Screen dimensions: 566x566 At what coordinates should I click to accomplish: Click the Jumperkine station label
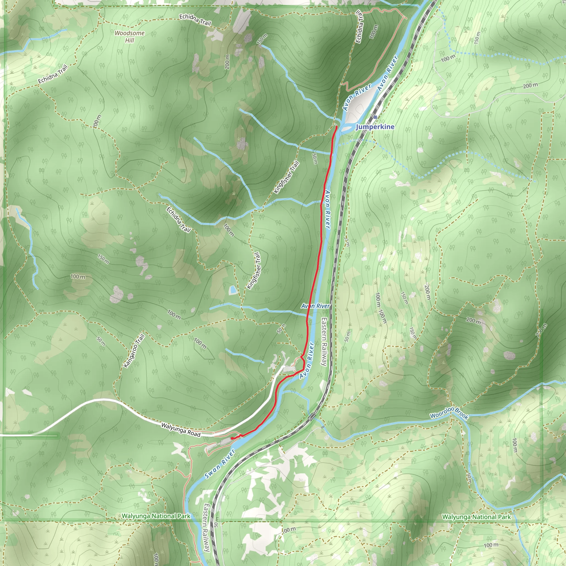tap(375, 127)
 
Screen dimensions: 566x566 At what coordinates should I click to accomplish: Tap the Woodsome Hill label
tap(130, 36)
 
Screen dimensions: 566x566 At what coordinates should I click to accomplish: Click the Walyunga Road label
tap(181, 429)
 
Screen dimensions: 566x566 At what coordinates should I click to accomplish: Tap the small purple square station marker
tap(375, 117)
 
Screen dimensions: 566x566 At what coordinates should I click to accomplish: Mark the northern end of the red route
tap(337, 126)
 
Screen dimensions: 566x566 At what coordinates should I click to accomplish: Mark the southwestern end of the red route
tap(232, 438)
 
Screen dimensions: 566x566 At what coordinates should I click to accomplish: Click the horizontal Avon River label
tap(316, 306)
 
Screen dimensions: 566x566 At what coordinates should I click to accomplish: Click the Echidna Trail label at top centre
tap(195, 19)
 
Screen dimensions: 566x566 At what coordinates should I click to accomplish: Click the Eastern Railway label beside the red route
tap(324, 342)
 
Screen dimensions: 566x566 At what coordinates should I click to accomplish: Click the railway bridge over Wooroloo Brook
tap(311, 416)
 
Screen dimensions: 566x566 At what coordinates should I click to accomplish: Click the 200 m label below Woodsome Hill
tap(227, 62)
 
